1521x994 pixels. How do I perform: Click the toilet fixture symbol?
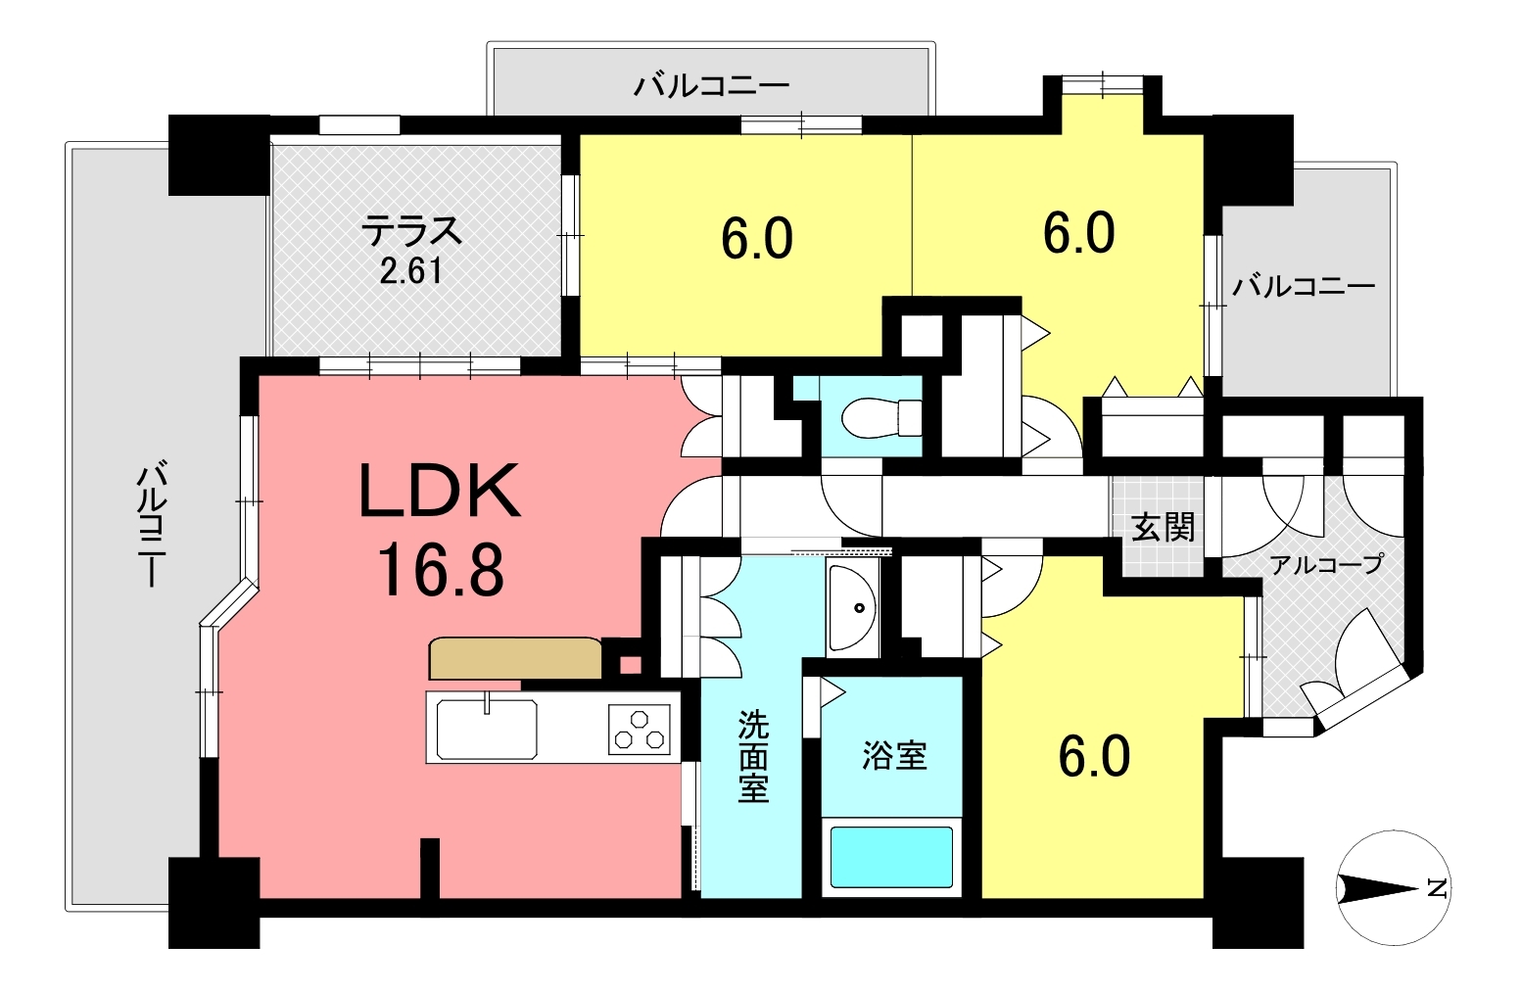(881, 417)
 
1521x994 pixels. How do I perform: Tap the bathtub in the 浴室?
(891, 857)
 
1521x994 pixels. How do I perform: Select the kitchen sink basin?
(486, 729)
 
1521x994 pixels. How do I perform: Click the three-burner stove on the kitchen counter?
(639, 730)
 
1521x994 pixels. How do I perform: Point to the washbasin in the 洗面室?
(852, 607)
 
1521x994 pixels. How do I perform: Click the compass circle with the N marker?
(1394, 888)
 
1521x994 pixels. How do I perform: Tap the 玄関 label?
(1163, 528)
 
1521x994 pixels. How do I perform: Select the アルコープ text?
(1326, 564)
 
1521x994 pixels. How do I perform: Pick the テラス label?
(412, 230)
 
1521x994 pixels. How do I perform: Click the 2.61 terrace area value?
(410, 271)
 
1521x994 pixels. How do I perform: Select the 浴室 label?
(894, 756)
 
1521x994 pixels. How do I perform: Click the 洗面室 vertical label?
(753, 756)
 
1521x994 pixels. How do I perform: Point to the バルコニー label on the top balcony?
(712, 86)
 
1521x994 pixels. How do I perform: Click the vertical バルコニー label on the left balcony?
(152, 524)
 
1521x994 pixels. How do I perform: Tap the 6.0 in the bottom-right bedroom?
(1095, 758)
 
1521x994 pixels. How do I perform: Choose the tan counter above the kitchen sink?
(515, 658)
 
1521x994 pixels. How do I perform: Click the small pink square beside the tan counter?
(630, 665)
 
